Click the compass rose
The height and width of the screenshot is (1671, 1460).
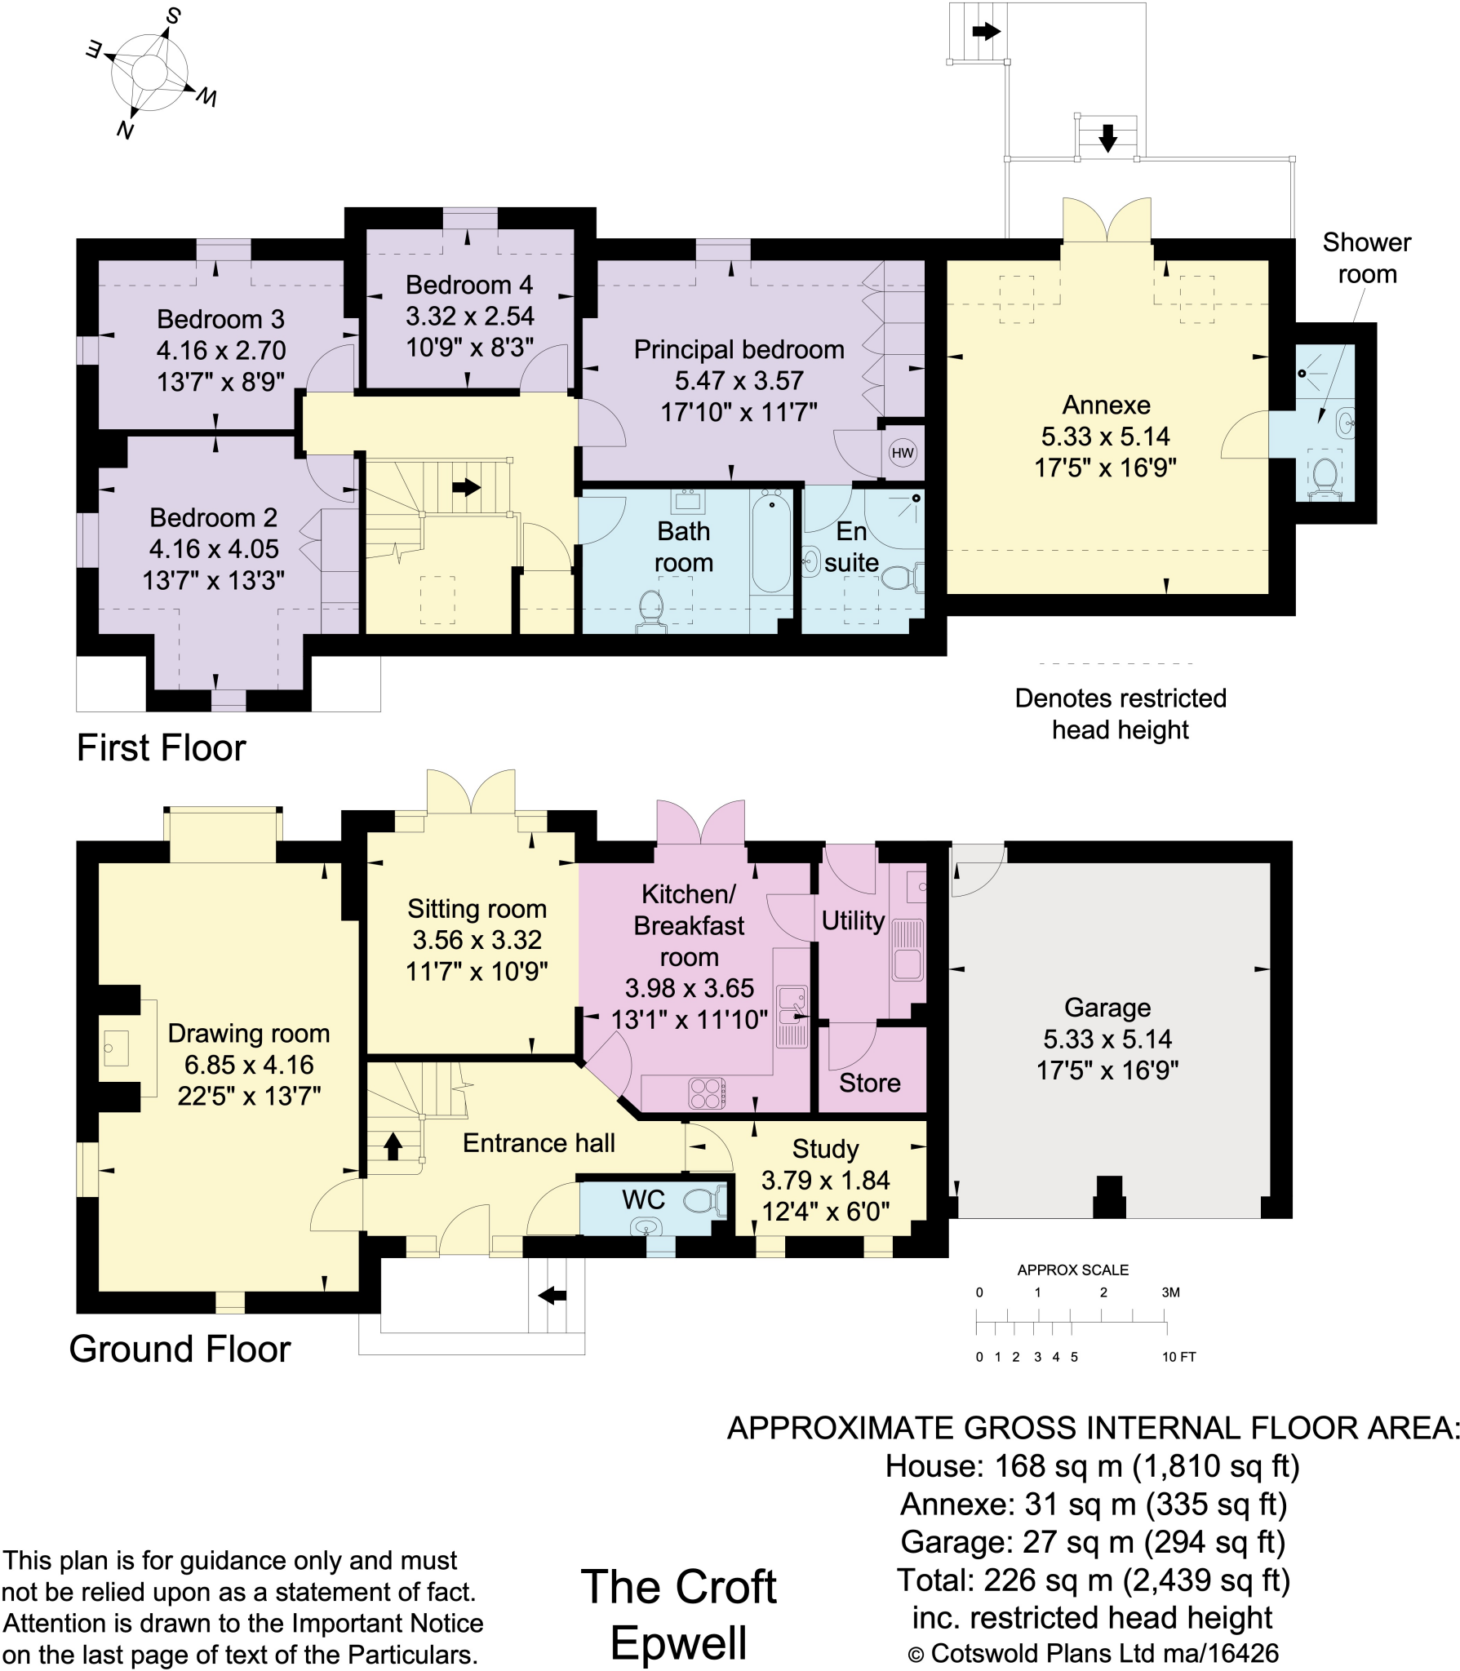pos(149,72)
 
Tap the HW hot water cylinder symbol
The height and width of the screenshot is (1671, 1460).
pos(902,454)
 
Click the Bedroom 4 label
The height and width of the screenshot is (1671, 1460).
pos(468,285)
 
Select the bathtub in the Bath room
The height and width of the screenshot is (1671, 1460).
pos(771,542)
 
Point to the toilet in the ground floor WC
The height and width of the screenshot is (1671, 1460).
pos(703,1200)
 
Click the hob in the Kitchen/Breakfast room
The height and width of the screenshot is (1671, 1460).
pos(707,1093)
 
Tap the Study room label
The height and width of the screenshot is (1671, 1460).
pos(825,1149)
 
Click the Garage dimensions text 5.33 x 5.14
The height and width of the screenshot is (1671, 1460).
pos(1107,1039)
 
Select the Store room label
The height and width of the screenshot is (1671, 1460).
pos(870,1083)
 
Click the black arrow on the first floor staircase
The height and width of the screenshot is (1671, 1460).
pos(466,487)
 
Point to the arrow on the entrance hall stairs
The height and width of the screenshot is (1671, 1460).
pos(393,1146)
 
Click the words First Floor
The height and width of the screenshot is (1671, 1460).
pos(161,747)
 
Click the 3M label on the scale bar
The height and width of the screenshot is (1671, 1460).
pos(1170,1292)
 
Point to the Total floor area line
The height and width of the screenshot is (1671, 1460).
pos(1093,1580)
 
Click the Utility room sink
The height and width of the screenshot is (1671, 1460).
pos(908,950)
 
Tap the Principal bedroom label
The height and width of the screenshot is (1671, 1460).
pos(739,349)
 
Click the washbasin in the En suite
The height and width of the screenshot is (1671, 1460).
pos(810,561)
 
